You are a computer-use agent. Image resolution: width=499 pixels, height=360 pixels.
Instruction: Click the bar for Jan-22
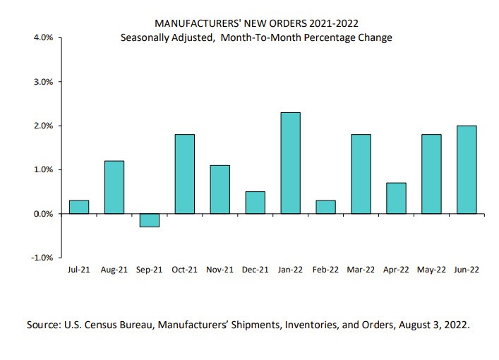290,163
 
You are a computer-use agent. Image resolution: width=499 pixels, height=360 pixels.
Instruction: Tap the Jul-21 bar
79,207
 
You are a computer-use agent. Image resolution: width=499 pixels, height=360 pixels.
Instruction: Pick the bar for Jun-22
467,169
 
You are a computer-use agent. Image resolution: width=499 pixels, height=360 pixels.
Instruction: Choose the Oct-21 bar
184,174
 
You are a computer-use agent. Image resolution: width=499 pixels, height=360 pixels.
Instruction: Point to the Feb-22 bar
325,207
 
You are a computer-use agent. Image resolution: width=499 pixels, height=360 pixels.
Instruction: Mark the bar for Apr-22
396,198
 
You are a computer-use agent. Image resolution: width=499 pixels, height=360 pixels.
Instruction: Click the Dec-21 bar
255,203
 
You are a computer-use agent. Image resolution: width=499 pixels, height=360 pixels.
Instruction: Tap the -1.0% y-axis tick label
41,258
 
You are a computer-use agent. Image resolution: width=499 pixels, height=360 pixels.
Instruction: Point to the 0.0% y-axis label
42,214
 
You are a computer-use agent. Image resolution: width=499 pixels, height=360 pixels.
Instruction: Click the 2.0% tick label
42,126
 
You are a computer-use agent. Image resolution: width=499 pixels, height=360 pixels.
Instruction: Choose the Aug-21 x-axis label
114,270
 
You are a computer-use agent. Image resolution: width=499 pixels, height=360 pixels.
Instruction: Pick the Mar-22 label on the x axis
361,270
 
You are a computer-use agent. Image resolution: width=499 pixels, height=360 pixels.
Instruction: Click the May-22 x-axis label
431,270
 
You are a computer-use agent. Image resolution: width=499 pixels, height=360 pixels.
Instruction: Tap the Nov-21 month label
220,270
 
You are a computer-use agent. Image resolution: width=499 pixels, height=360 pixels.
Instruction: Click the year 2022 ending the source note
455,325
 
